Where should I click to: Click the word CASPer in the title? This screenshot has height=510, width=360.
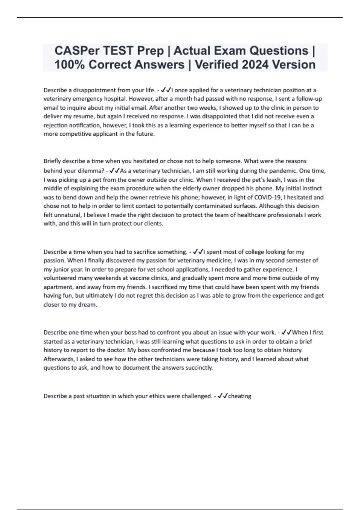77,51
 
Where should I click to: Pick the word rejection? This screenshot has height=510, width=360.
55,125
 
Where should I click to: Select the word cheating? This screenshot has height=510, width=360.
240,396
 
